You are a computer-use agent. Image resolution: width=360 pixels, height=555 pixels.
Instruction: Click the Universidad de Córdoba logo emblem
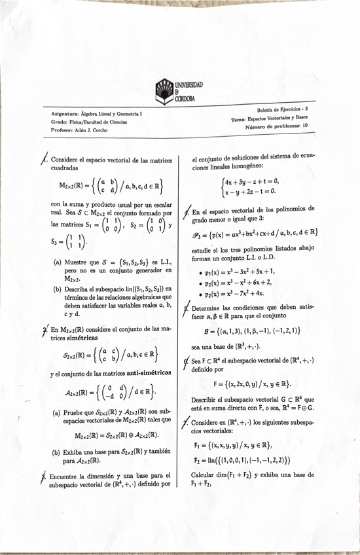tap(165, 90)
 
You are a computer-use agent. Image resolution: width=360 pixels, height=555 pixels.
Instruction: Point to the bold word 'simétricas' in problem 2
tap(78, 336)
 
